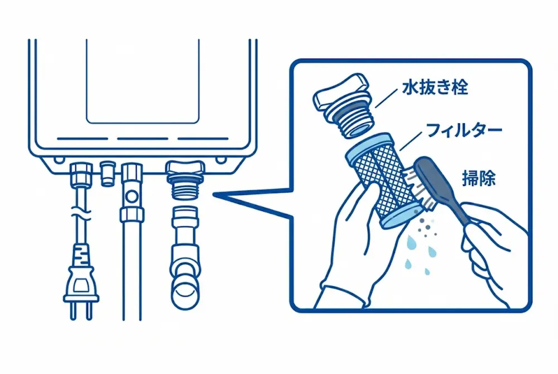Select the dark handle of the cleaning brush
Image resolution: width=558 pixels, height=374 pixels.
[x=446, y=190]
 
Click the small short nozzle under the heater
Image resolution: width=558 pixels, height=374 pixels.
[x=105, y=173]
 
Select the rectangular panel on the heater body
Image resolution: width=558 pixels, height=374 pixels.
[x=142, y=81]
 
